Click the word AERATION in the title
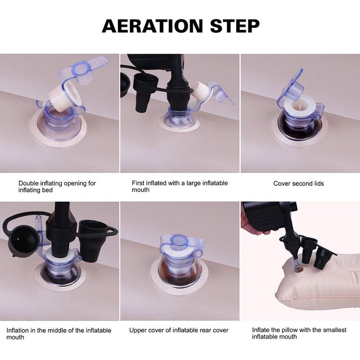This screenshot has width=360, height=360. click(x=152, y=26)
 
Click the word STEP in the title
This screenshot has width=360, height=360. click(x=235, y=26)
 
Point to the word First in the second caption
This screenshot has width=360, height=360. click(x=138, y=183)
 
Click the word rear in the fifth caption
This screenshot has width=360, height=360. click(x=206, y=330)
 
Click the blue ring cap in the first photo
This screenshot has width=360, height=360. click(x=82, y=68)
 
